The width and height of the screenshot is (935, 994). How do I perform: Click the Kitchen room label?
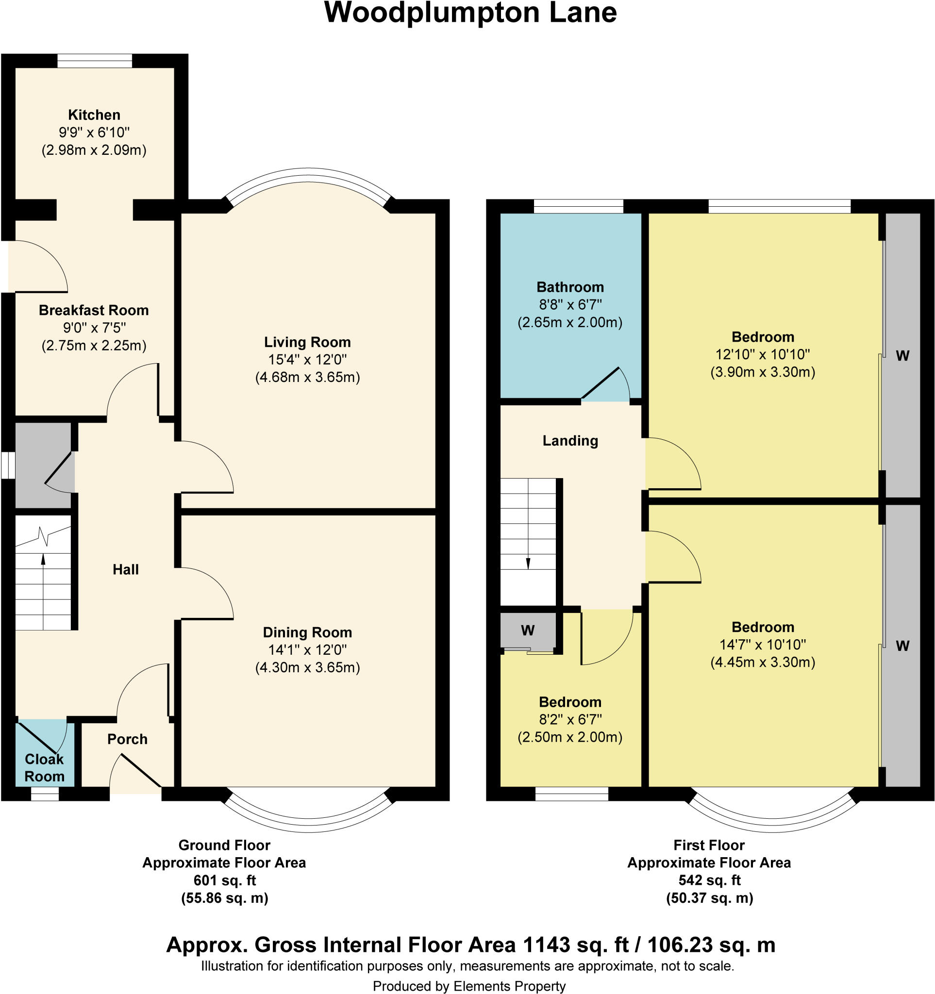pyautogui.click(x=94, y=115)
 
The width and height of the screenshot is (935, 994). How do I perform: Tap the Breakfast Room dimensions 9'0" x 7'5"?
pyautogui.click(x=94, y=328)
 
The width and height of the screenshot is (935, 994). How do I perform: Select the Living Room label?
pyautogui.click(x=307, y=342)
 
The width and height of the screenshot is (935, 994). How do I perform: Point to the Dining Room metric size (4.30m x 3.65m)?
pyautogui.click(x=307, y=667)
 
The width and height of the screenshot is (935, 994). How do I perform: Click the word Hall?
pyautogui.click(x=126, y=569)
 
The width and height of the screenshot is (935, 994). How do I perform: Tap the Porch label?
pyautogui.click(x=127, y=739)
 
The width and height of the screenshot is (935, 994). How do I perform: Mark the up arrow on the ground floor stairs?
pyautogui.click(x=43, y=560)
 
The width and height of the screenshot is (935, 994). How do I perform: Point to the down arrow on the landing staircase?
pyautogui.click(x=528, y=563)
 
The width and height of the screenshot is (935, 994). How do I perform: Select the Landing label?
pyautogui.click(x=570, y=441)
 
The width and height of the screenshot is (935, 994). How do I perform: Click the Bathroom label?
pyautogui.click(x=570, y=287)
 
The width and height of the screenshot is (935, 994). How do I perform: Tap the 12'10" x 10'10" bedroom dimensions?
pyautogui.click(x=763, y=354)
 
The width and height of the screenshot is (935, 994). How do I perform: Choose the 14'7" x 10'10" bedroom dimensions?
pyautogui.click(x=763, y=645)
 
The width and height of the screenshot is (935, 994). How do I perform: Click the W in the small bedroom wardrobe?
pyautogui.click(x=528, y=630)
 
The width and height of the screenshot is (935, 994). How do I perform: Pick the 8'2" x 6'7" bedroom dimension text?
pyautogui.click(x=570, y=719)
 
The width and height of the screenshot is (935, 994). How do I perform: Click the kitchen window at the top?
pyautogui.click(x=95, y=61)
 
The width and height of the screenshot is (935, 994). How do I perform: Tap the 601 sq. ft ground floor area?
pyautogui.click(x=224, y=880)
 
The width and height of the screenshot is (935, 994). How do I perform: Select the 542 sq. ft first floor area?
pyautogui.click(x=709, y=880)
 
